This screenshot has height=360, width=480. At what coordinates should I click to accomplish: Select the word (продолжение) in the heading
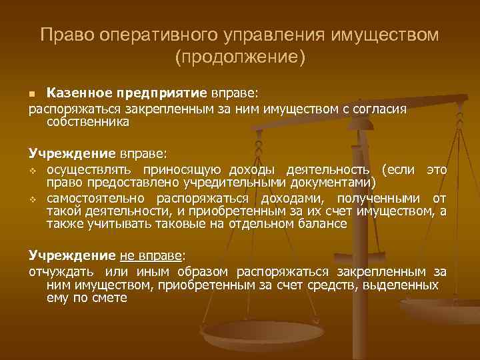239,57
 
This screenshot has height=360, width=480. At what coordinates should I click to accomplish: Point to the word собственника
88,123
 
